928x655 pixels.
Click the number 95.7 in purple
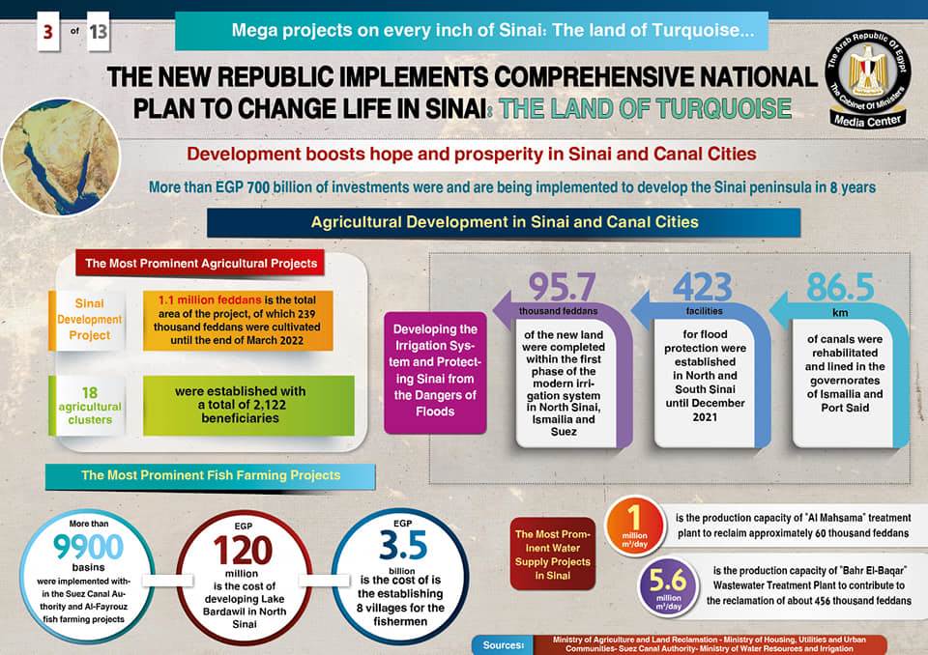[x=562, y=287]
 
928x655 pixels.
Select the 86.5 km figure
[x=840, y=287]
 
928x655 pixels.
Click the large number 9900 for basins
[x=89, y=548]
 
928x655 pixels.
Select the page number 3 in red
[x=46, y=33]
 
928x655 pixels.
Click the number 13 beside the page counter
[x=99, y=33]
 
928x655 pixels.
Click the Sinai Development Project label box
[x=90, y=319]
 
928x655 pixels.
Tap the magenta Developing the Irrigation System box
[x=435, y=371]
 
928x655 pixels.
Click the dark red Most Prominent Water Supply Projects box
[x=552, y=555]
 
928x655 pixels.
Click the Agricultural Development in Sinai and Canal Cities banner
[x=504, y=222]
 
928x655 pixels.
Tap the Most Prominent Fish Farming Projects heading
[x=210, y=475]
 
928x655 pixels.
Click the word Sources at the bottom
[x=501, y=643]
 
